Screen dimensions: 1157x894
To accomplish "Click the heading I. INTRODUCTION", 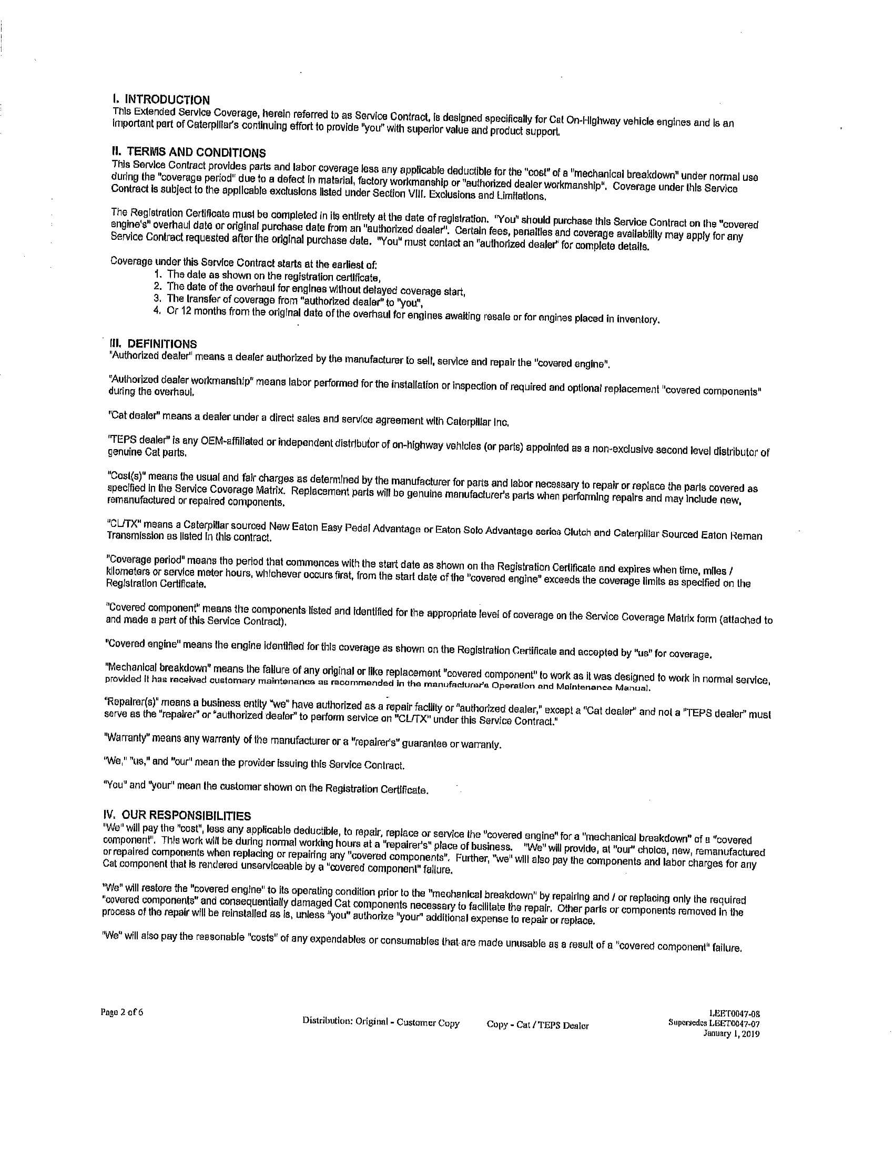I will coord(161,99).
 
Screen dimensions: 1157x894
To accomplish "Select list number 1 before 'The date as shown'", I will coord(157,274).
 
